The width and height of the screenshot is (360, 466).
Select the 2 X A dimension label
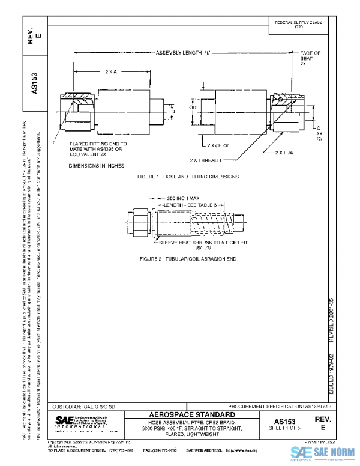point(111,72)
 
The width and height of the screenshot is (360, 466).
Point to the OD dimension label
point(193,109)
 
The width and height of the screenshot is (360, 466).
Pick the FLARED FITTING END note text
point(98,147)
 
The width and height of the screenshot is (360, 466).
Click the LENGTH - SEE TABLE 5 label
point(190,205)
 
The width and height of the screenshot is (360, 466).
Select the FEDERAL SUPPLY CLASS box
point(298,24)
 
